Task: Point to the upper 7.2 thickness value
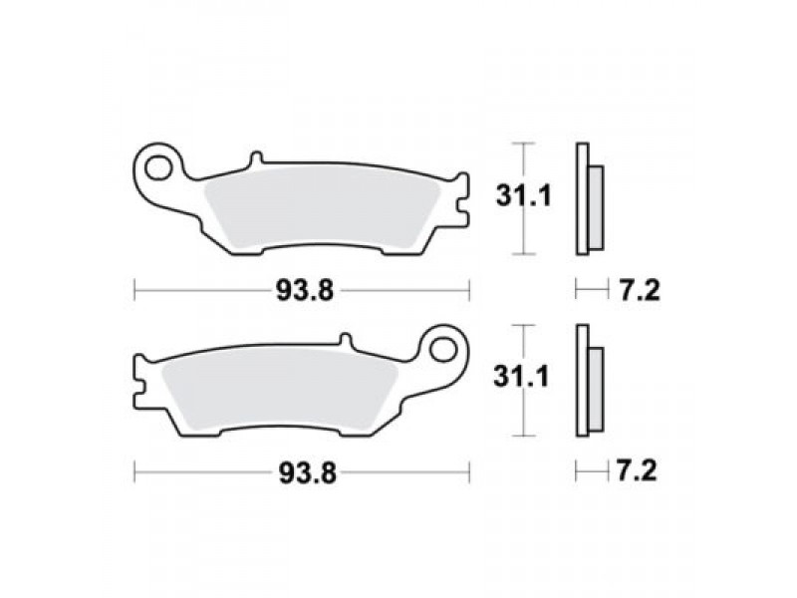633,291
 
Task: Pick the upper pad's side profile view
587,199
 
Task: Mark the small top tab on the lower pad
346,341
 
